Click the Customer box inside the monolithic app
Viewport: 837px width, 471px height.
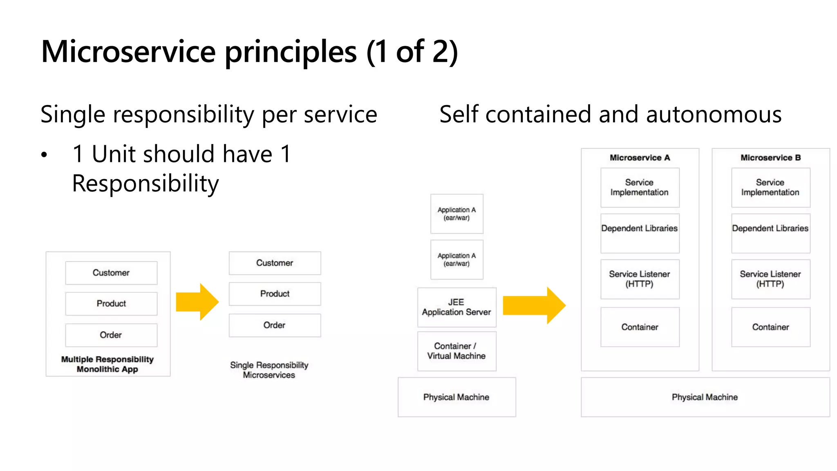111,273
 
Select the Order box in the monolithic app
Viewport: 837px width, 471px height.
111,335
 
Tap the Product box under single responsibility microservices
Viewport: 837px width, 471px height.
275,294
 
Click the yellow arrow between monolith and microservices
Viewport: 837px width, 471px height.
197,302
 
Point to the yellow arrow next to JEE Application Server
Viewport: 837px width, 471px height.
534,305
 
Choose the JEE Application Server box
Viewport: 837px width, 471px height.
457,307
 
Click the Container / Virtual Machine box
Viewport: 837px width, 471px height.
457,351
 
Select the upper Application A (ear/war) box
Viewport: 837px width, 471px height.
457,214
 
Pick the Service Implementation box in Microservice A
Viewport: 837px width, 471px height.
640,188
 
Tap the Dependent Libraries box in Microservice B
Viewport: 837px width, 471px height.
770,233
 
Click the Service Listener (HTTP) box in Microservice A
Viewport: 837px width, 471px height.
640,279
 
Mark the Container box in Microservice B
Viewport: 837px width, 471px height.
770,327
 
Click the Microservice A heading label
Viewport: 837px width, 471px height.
640,158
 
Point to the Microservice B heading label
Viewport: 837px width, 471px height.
770,158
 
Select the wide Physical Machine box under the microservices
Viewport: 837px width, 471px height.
705,397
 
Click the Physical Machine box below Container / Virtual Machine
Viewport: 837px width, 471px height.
457,397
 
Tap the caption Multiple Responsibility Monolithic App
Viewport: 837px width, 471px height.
107,364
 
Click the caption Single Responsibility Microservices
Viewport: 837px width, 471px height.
269,370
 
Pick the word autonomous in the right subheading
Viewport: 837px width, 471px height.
714,114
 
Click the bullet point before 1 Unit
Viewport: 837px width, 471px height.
44,155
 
